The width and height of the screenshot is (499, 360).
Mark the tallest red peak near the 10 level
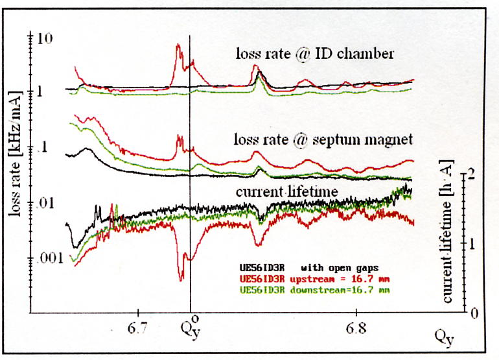coord(178,45)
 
